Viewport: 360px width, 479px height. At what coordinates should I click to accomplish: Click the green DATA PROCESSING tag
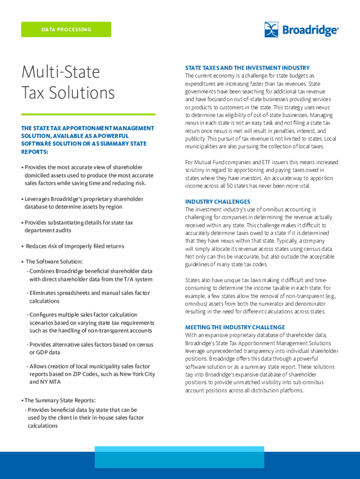click(x=66, y=29)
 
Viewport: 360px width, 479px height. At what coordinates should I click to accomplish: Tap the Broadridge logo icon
click(x=272, y=29)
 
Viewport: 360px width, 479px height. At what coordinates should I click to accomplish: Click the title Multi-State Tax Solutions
click(x=68, y=82)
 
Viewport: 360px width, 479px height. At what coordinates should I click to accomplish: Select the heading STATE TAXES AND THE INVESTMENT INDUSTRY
click(x=247, y=68)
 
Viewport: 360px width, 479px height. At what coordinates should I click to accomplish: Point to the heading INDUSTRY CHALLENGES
click(x=217, y=202)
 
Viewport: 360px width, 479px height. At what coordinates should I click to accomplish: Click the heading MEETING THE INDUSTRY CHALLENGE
click(x=235, y=327)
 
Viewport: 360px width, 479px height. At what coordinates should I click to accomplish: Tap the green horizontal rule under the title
click(x=88, y=114)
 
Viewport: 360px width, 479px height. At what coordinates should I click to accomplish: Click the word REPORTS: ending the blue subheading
click(x=35, y=152)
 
